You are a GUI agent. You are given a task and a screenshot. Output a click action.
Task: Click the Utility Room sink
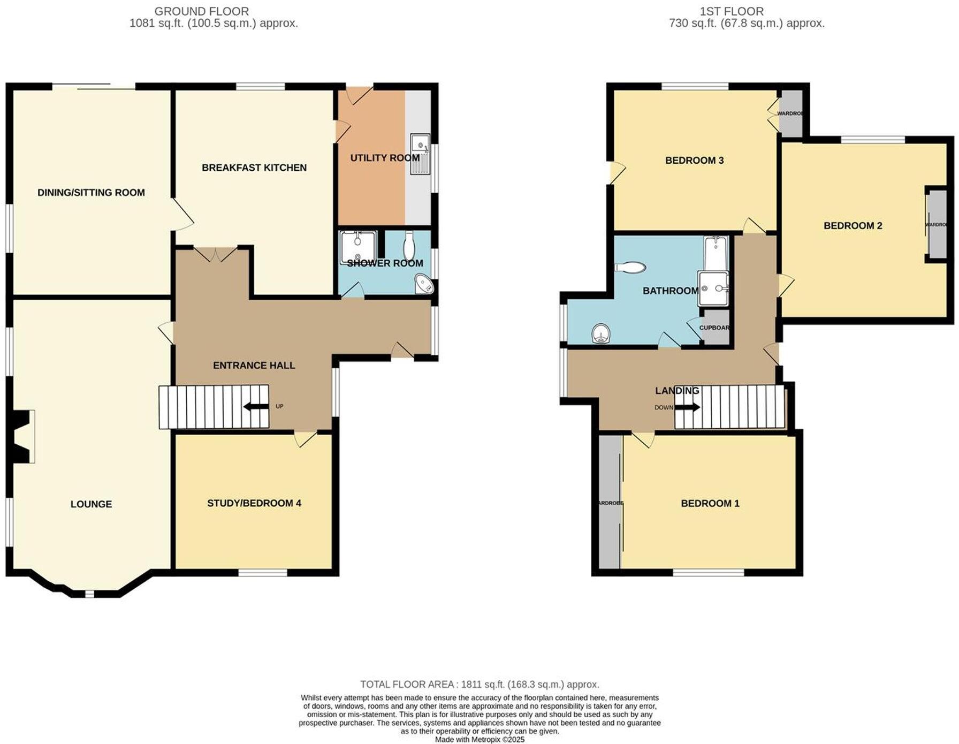tap(420, 154)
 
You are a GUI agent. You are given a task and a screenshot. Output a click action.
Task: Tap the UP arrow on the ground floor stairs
tap(256, 407)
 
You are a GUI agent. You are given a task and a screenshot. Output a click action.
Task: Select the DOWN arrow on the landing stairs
tap(687, 407)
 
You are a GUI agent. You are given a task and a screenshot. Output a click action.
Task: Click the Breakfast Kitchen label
tap(254, 168)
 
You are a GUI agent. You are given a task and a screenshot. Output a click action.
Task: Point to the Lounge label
tap(91, 504)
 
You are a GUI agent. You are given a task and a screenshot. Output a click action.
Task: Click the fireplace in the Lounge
tap(24, 436)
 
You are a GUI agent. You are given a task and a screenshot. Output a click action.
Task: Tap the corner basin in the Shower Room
tap(425, 284)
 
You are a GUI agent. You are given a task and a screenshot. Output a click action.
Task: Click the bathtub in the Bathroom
tap(713, 254)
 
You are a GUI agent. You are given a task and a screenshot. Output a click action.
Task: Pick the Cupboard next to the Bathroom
tap(716, 327)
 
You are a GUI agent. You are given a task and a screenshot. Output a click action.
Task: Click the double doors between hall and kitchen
tap(215, 254)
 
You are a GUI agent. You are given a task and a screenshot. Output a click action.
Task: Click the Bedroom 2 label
tap(853, 226)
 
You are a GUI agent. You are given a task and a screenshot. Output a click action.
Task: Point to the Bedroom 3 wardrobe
tap(791, 113)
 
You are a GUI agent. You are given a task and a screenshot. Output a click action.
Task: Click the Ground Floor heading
tap(201, 11)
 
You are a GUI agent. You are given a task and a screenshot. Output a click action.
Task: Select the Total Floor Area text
tap(479, 684)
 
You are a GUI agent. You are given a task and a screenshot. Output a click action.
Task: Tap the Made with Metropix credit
tap(479, 739)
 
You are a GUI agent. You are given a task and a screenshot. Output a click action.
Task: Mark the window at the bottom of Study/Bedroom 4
tap(262, 573)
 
